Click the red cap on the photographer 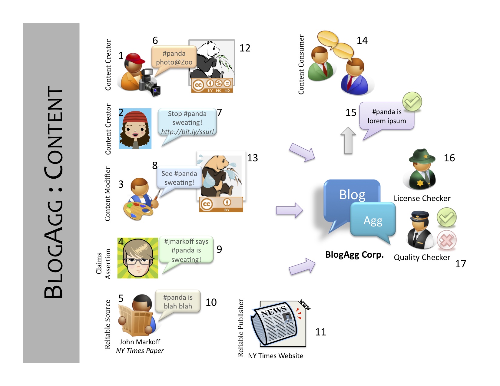[134, 58]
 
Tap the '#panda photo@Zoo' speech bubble [174, 58]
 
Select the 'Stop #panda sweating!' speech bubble [187, 122]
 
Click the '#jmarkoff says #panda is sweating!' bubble [186, 250]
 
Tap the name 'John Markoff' [140, 342]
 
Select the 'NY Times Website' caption [276, 356]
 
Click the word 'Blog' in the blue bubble [352, 195]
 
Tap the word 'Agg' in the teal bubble [373, 221]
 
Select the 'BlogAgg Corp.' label [354, 255]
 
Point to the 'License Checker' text [422, 198]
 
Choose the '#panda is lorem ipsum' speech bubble [386, 116]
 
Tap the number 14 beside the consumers [362, 40]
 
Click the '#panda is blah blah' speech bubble [178, 302]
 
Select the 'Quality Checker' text [422, 257]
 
